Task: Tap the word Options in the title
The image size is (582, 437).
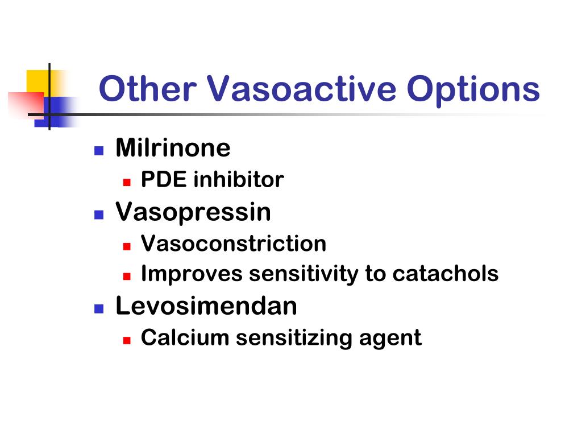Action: [x=473, y=89]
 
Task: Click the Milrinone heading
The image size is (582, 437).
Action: [x=173, y=149]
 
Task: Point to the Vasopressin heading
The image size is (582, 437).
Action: [x=193, y=212]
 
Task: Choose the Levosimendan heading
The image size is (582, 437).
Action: [x=206, y=306]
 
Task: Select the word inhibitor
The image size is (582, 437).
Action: [x=239, y=180]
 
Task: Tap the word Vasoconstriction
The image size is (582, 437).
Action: [x=234, y=244]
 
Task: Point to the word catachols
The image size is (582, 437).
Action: [x=445, y=274]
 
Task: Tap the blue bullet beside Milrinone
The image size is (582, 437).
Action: [x=99, y=151]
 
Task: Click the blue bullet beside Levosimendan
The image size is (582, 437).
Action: [x=99, y=308]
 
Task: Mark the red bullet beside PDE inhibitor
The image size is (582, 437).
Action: [x=127, y=183]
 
